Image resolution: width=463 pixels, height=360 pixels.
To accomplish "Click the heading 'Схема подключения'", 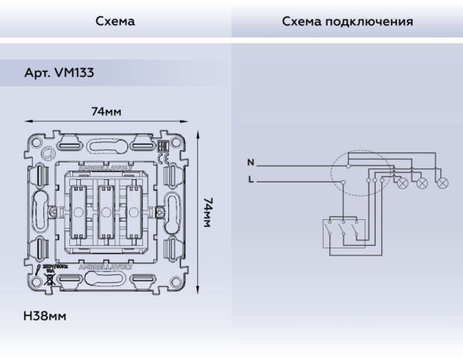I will [347, 21].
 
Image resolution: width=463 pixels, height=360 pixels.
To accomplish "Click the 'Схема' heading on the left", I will [115, 21].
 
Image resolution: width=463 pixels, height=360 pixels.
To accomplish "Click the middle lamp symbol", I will [422, 183].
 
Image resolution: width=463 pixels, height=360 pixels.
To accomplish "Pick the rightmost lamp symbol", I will [442, 183].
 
